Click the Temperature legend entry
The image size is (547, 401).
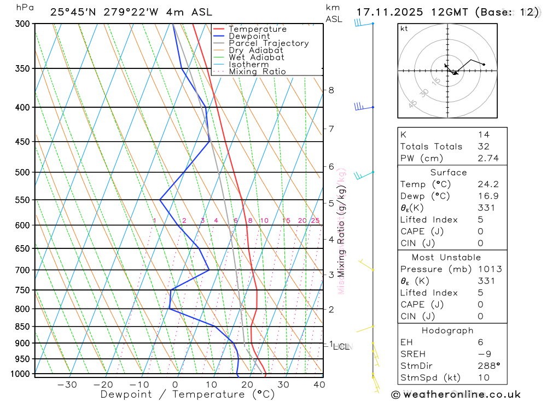click(257, 29)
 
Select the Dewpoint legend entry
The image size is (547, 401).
click(249, 36)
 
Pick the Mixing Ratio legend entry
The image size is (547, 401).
click(257, 72)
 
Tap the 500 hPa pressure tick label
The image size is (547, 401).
click(21, 172)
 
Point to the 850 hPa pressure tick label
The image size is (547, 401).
click(21, 327)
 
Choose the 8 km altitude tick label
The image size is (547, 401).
click(331, 90)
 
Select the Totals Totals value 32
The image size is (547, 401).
click(484, 146)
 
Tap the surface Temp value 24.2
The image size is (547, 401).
click(488, 184)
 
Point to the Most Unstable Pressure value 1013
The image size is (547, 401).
click(489, 269)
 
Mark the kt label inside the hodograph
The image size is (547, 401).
click(404, 29)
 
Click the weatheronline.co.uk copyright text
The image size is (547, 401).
click(456, 394)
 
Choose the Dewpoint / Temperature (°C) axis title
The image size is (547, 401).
click(187, 394)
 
